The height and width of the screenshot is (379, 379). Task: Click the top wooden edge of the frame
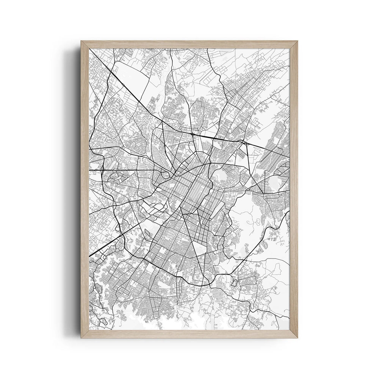point(189,44)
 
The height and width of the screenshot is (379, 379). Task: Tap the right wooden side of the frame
point(294,189)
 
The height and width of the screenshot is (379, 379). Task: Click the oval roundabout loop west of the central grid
point(165,175)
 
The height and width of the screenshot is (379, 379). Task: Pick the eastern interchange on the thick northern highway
point(243,142)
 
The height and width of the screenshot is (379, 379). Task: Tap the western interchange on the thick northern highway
point(194,134)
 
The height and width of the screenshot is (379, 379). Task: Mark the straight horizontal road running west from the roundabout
point(129,170)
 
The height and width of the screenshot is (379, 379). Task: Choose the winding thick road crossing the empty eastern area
point(265,239)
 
